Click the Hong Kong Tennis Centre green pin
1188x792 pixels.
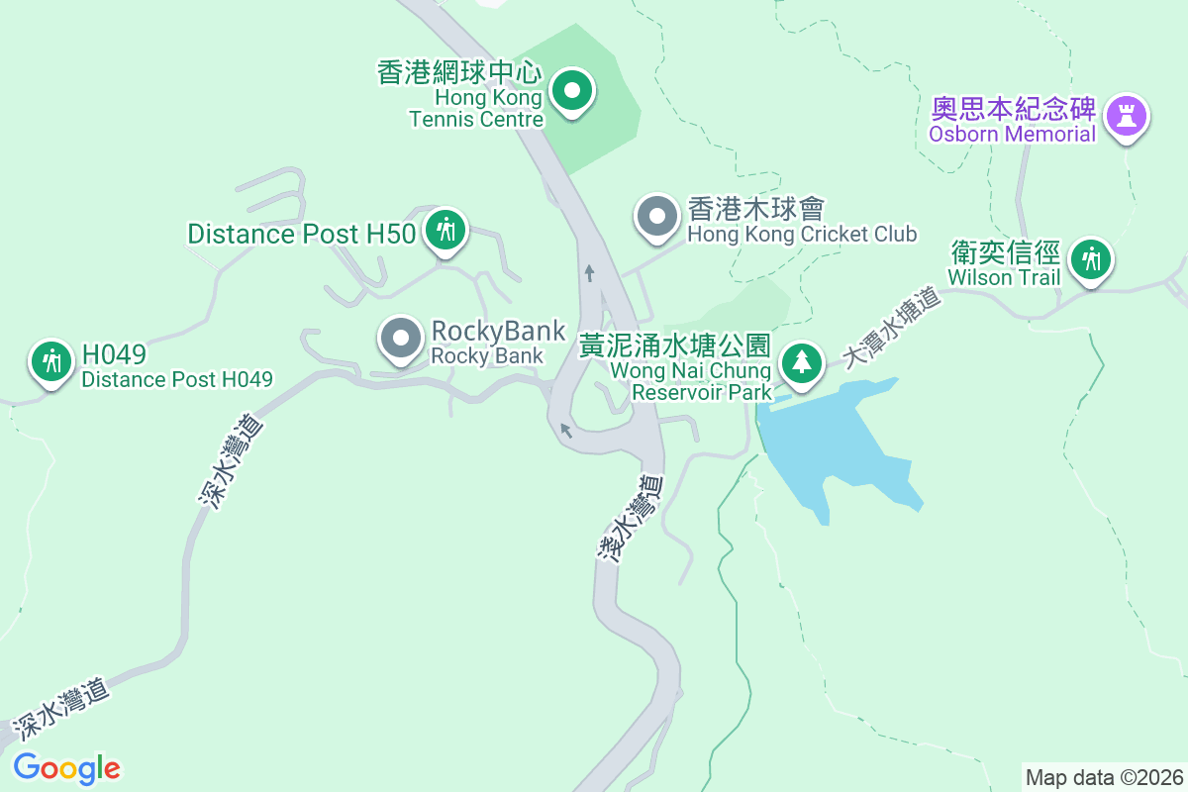pyautogui.click(x=571, y=93)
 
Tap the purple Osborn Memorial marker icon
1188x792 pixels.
pyautogui.click(x=1126, y=115)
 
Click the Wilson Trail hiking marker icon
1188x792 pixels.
pyautogui.click(x=1091, y=260)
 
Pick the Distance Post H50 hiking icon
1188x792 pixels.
pyautogui.click(x=445, y=231)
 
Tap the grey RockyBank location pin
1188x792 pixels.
pyautogui.click(x=401, y=340)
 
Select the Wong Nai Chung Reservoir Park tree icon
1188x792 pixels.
pyautogui.click(x=801, y=362)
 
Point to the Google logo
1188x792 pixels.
pyautogui.click(x=66, y=768)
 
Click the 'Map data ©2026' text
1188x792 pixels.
pyautogui.click(x=1104, y=777)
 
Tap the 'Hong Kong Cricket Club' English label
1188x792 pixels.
pyautogui.click(x=802, y=235)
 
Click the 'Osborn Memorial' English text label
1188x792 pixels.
pyautogui.click(x=1012, y=134)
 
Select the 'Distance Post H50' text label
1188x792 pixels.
pyautogui.click(x=303, y=235)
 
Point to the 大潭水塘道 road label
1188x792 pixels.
pyautogui.click(x=890, y=328)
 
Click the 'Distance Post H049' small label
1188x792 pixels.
pyautogui.click(x=176, y=379)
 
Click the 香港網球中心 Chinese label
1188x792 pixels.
pyautogui.click(x=459, y=72)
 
